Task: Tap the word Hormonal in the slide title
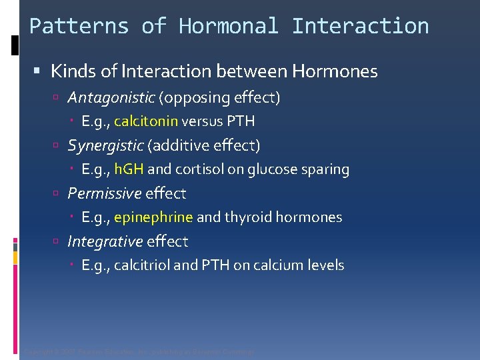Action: [229, 27]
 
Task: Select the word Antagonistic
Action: [111, 98]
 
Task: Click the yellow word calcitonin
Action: [146, 121]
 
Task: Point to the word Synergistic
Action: [105, 145]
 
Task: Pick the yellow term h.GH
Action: [129, 169]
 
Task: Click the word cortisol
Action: [199, 169]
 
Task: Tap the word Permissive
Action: [105, 193]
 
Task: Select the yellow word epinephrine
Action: [153, 217]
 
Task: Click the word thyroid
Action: [247, 217]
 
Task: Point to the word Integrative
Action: [105, 241]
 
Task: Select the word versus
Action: [202, 121]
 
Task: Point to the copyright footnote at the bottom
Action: [139, 351]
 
